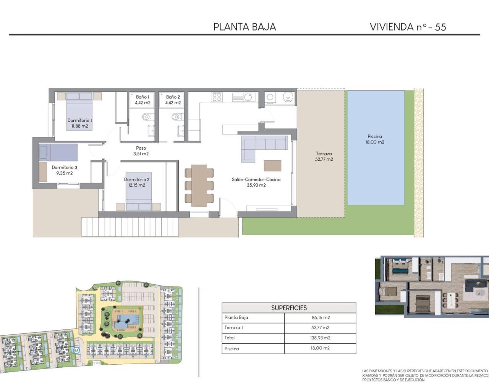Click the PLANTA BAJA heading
point(244,27)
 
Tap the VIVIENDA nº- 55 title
point(408,27)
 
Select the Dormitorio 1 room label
point(79,120)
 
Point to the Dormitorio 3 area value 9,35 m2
point(64,173)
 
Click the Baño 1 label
point(142,97)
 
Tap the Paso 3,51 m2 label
point(141,151)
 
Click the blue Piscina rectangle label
point(375,139)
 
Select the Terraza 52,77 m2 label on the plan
point(324,157)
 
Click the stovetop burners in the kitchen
point(217,97)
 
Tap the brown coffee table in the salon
point(272,165)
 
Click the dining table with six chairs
point(199,185)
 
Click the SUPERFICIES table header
point(289,308)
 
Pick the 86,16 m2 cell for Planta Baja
point(320,317)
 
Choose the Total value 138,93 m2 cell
point(320,338)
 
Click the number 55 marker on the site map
point(76,350)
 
